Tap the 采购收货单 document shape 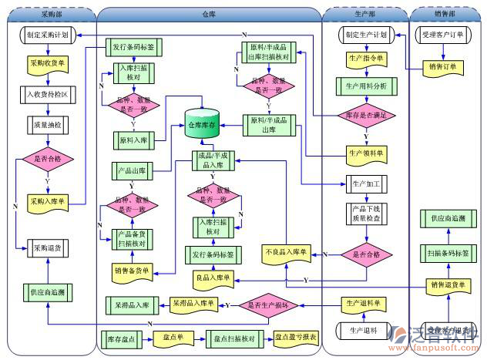pos(47,65)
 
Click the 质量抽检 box pos(47,121)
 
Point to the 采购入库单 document pos(47,202)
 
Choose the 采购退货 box pos(47,247)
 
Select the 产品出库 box pos(133,170)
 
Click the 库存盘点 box pos(123,337)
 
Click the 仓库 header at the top pos(209,14)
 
